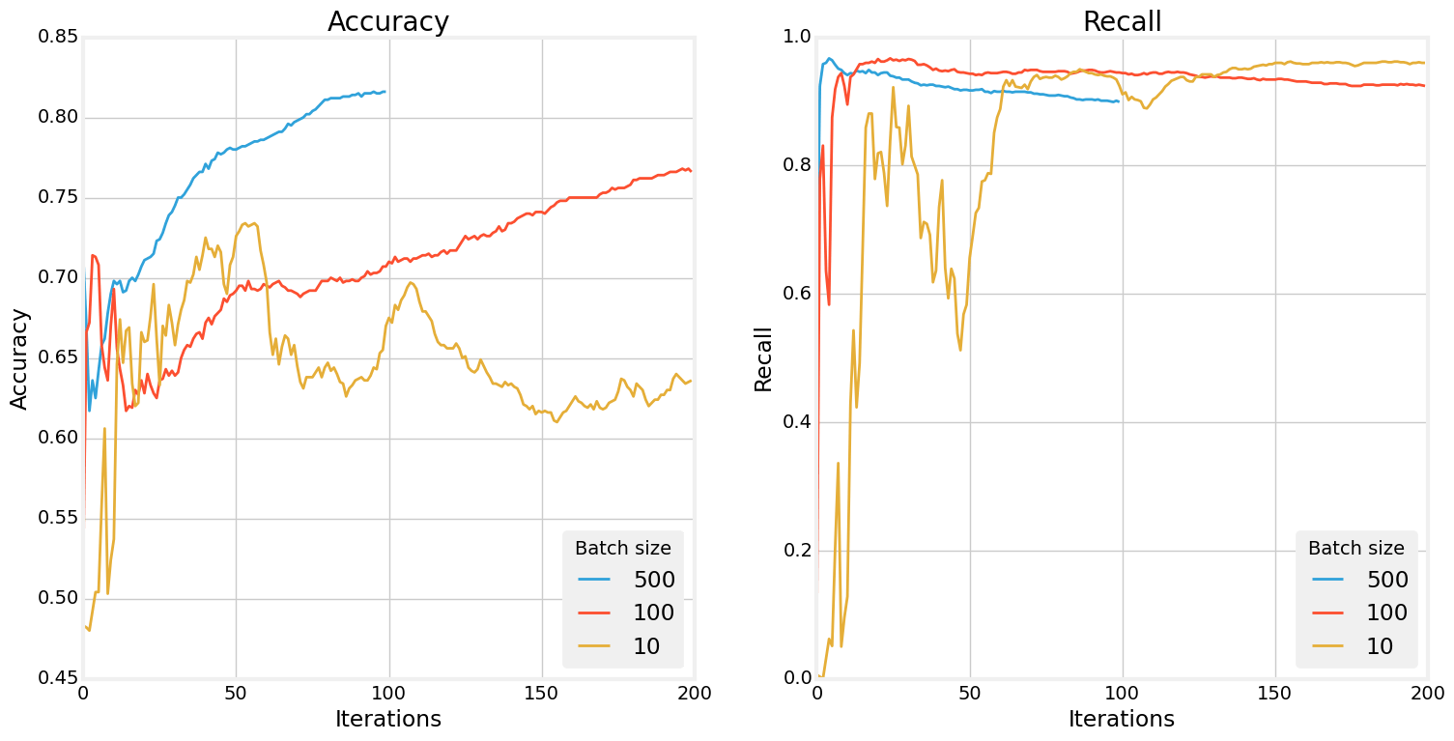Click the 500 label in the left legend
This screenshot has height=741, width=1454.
point(654,580)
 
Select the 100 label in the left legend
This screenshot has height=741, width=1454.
point(654,613)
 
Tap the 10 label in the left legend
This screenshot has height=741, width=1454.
point(646,646)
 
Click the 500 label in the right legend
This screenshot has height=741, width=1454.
point(1387,580)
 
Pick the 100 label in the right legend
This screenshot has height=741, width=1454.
point(1387,613)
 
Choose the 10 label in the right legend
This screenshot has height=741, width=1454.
point(1380,646)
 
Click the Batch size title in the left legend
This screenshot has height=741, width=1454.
point(622,548)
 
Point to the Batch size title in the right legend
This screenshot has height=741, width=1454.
point(1355,548)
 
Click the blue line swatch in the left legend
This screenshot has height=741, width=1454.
point(594,580)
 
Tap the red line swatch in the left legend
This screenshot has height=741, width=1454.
point(594,613)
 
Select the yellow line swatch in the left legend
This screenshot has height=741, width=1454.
point(594,646)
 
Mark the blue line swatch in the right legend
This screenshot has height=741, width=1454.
point(1327,580)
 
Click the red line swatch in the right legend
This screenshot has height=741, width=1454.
point(1327,613)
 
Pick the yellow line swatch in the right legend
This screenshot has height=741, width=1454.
point(1327,646)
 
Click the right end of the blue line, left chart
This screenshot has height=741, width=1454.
point(385,92)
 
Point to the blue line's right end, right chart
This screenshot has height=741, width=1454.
point(1119,101)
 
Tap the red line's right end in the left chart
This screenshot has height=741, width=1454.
point(692,171)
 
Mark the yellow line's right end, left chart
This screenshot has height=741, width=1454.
point(692,381)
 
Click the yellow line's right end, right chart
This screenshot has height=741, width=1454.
point(1425,63)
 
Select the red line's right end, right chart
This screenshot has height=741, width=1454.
point(1425,86)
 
